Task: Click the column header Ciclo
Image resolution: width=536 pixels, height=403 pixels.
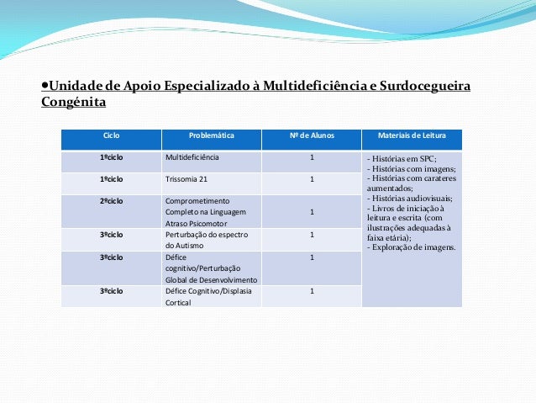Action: (111, 135)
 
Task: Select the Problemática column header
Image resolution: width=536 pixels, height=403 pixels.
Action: (211, 135)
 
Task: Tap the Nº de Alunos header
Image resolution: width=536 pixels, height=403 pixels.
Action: (311, 135)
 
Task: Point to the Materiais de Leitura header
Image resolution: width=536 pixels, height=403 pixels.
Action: (412, 135)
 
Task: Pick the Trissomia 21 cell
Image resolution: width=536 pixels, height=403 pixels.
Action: (186, 179)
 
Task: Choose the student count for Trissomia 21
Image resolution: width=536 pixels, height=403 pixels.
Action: (312, 179)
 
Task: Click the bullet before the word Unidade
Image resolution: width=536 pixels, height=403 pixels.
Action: (44, 87)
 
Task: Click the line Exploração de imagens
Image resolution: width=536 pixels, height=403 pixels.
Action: (412, 247)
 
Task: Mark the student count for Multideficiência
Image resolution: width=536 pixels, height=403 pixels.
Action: (312, 157)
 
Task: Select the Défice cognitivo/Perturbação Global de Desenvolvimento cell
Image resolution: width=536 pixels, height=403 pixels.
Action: (211, 268)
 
